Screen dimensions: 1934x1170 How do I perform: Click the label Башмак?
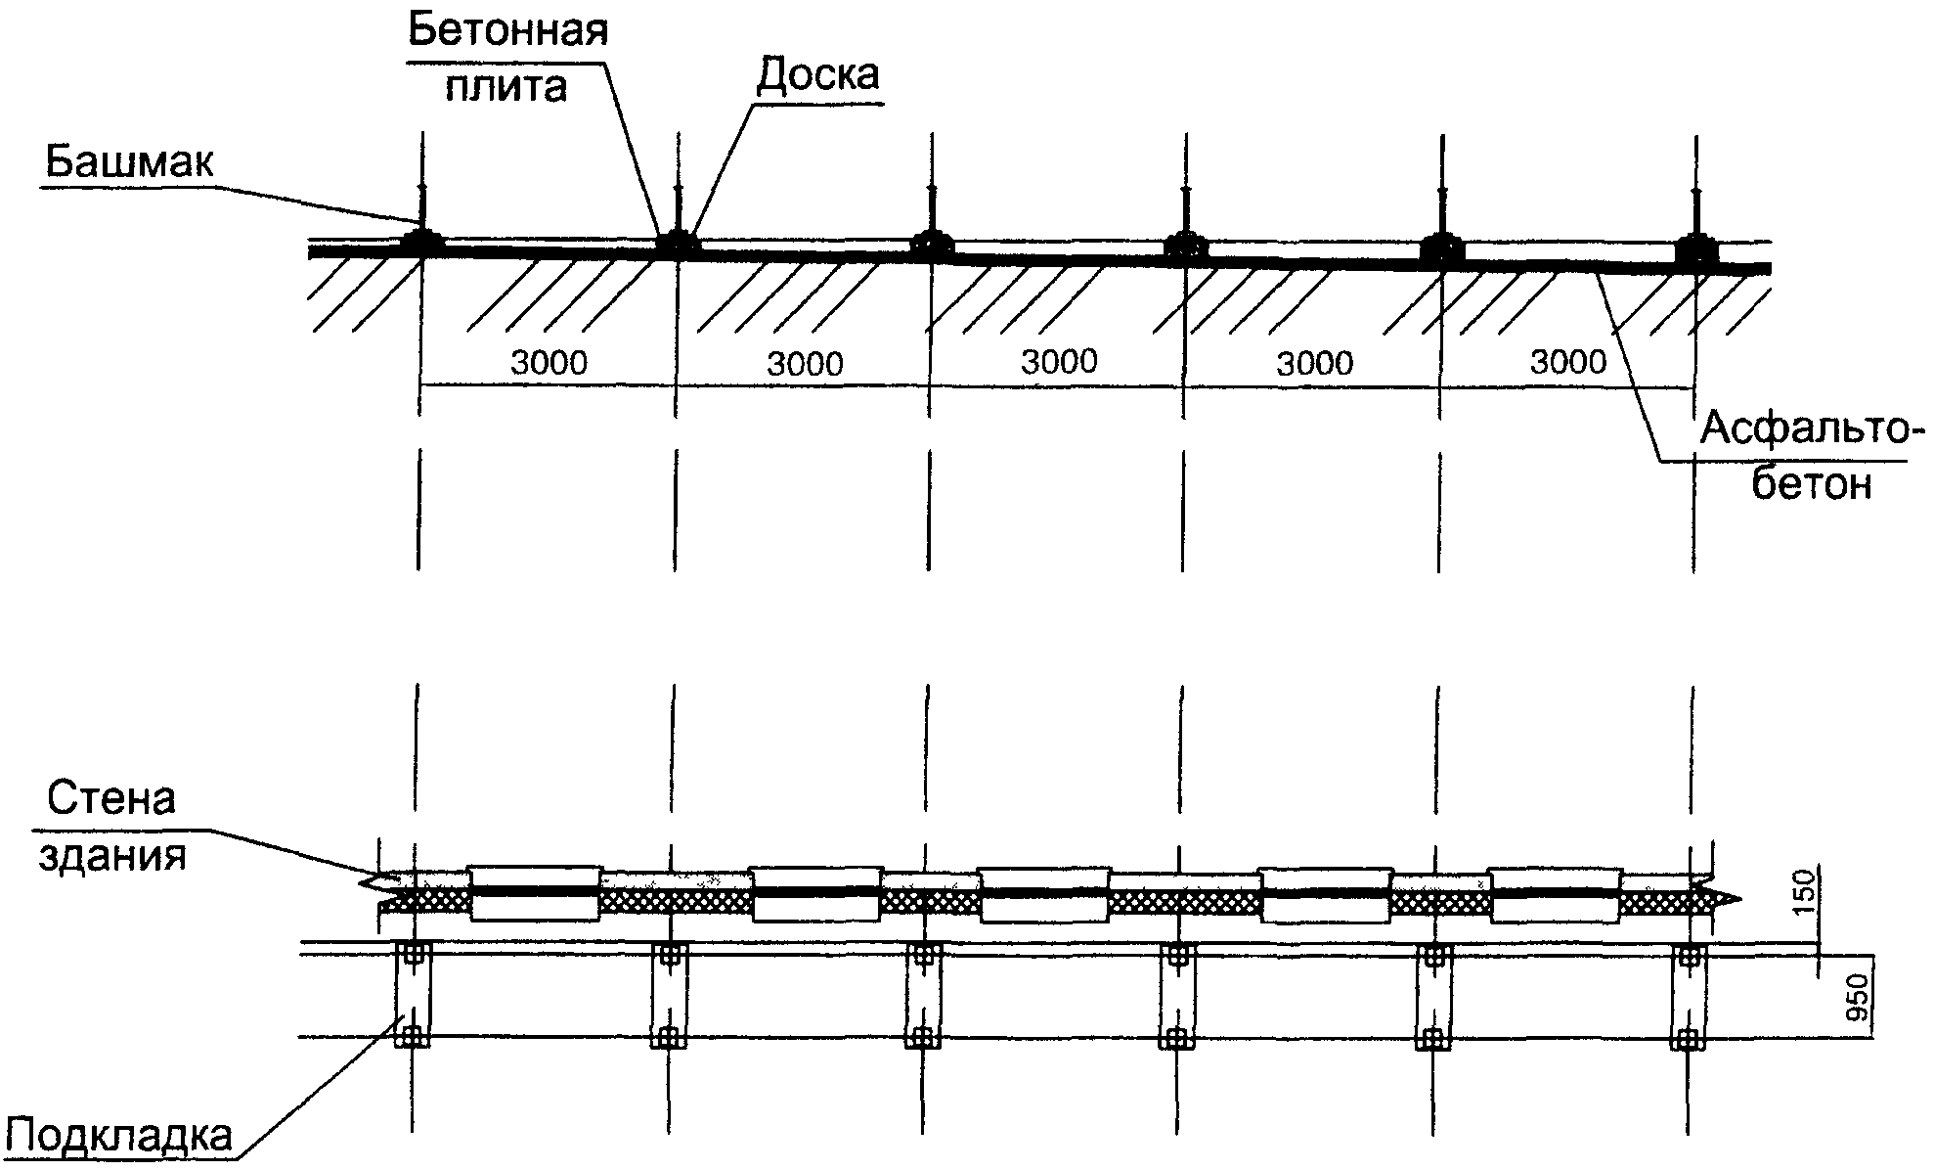click(128, 161)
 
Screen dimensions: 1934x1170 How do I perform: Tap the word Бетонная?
click(507, 31)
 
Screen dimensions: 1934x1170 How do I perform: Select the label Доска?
click(818, 73)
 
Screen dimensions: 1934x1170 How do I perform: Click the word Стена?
click(112, 799)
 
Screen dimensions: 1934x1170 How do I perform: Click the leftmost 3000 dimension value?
click(549, 363)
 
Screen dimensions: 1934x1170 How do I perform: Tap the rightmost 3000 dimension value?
click(1568, 362)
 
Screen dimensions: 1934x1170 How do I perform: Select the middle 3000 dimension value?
click(1059, 362)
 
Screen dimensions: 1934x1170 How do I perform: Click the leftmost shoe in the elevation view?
click(422, 240)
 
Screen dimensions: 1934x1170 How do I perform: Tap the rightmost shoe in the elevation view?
click(1695, 248)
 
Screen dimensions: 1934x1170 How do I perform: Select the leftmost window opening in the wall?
click(535, 892)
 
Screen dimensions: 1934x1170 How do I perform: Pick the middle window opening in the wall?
click(1044, 893)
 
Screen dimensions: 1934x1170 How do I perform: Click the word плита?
click(506, 86)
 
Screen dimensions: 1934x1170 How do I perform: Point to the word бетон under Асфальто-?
click(1811, 484)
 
